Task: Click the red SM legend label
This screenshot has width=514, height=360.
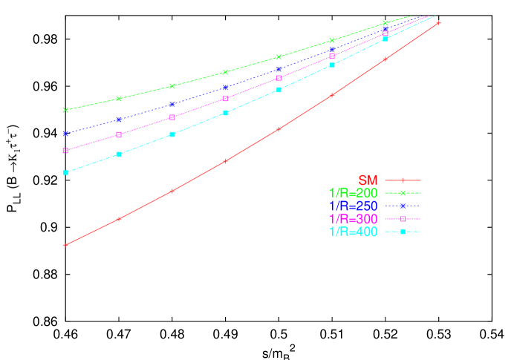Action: pos(368,180)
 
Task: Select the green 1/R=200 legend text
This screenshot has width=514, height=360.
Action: pos(353,193)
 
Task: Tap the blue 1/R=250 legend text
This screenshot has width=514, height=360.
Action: pos(353,206)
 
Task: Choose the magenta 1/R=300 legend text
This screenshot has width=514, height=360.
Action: pos(353,219)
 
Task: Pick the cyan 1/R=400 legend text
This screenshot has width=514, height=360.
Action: pos(353,232)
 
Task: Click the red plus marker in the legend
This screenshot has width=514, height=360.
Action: pos(403,180)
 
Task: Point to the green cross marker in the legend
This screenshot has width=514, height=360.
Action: pos(403,193)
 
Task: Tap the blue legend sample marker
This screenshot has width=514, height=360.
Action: pos(403,206)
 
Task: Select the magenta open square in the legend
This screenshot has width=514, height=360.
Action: pos(403,219)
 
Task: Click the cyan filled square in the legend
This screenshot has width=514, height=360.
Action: pos(403,232)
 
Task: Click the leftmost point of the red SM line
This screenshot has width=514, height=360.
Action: pos(66,244)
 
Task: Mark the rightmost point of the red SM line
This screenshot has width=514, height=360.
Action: pos(439,23)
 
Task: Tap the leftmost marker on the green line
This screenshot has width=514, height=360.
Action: pos(66,110)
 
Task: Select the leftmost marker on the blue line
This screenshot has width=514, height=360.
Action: pos(66,134)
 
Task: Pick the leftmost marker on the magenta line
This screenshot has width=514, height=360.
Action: pos(66,151)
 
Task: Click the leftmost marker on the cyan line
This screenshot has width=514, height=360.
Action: pos(66,172)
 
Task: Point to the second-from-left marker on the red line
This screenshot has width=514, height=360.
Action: pos(119,219)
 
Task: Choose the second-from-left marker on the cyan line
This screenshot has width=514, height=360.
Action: pos(119,154)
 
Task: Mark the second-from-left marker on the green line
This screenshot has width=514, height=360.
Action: pos(119,99)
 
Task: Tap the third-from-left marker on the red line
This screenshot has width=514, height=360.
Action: pos(172,191)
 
